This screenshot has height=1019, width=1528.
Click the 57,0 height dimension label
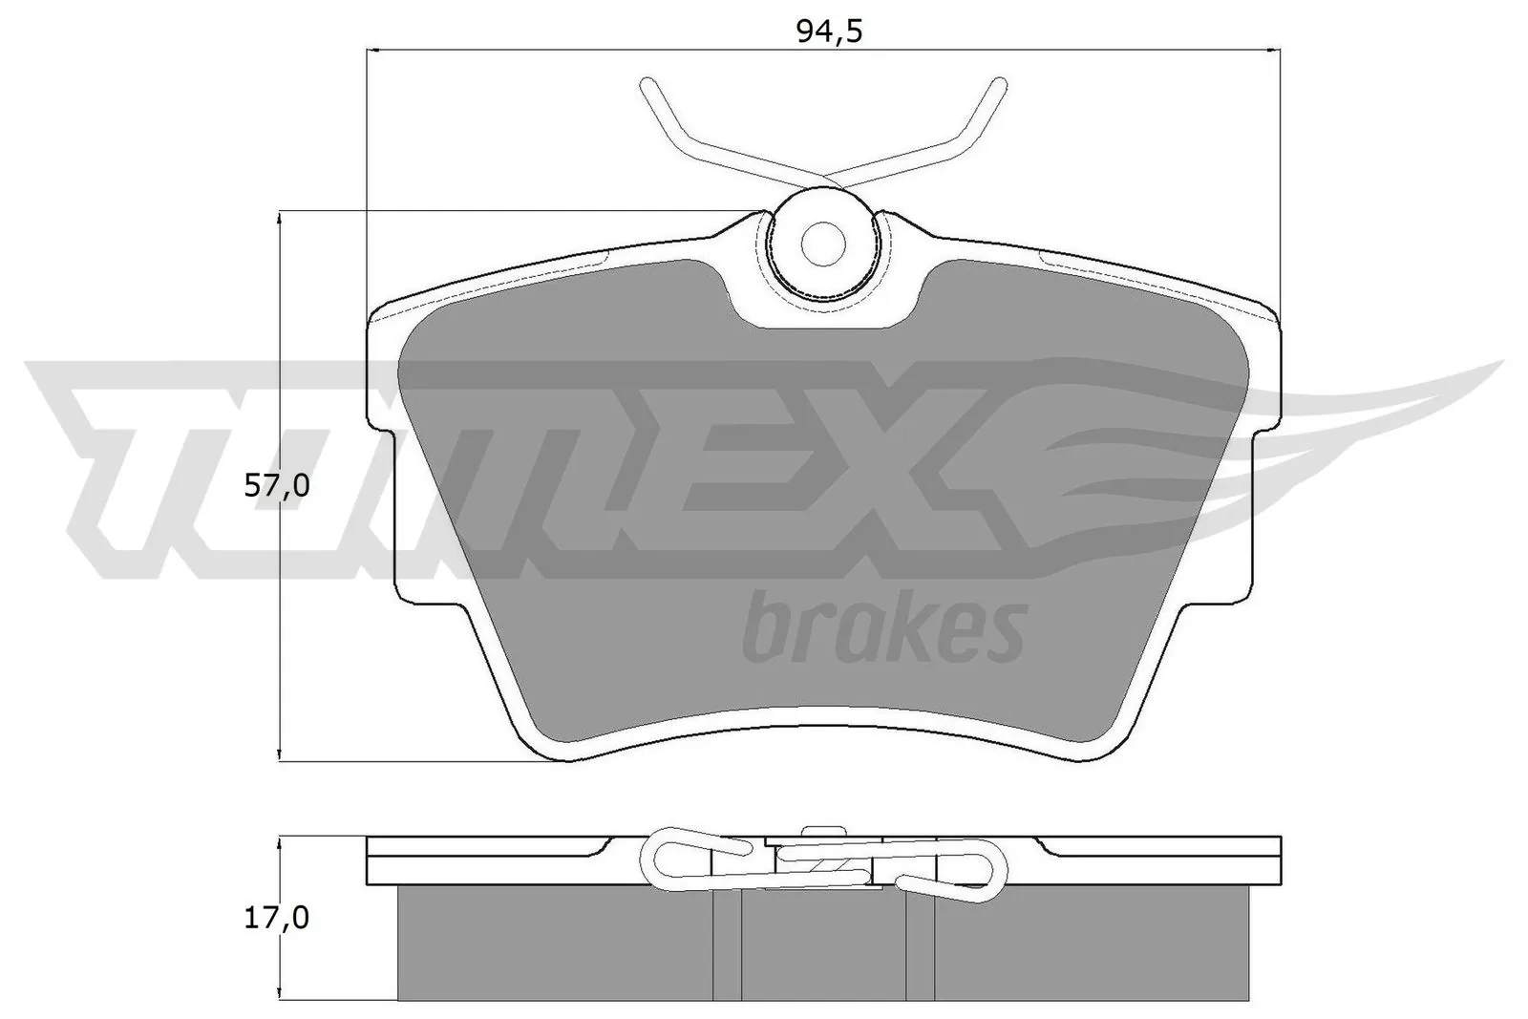(x=276, y=486)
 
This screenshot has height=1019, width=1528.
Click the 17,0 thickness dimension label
(x=276, y=918)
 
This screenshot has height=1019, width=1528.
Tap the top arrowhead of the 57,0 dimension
(x=278, y=217)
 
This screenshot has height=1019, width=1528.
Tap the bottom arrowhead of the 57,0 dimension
(x=278, y=754)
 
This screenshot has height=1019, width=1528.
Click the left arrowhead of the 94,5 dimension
(x=374, y=51)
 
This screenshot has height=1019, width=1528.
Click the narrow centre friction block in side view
(x=821, y=945)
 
